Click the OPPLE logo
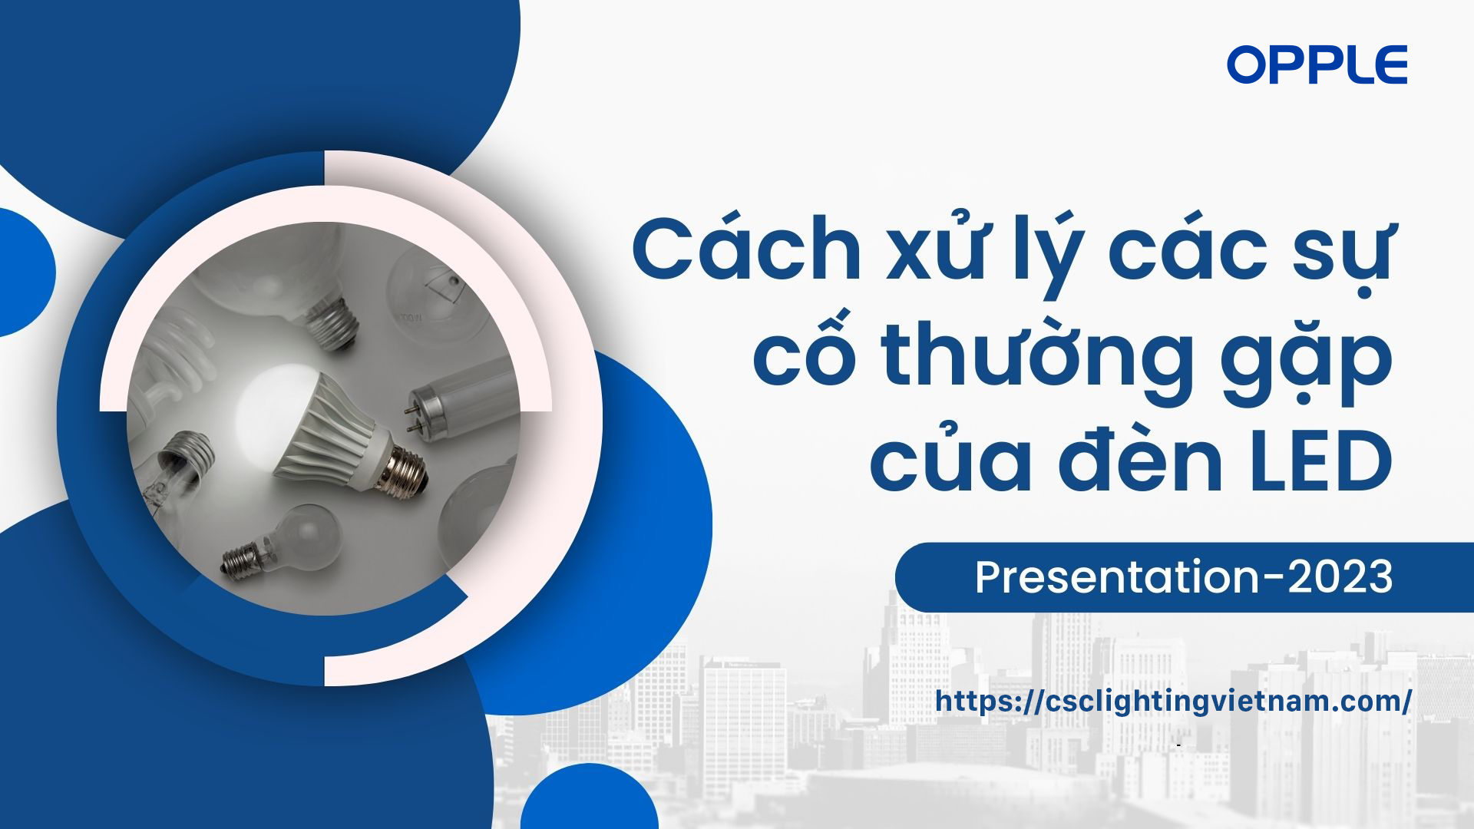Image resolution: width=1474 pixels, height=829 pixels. (1317, 64)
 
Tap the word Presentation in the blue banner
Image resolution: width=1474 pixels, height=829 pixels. (1117, 577)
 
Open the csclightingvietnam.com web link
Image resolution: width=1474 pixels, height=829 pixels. (1173, 701)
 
